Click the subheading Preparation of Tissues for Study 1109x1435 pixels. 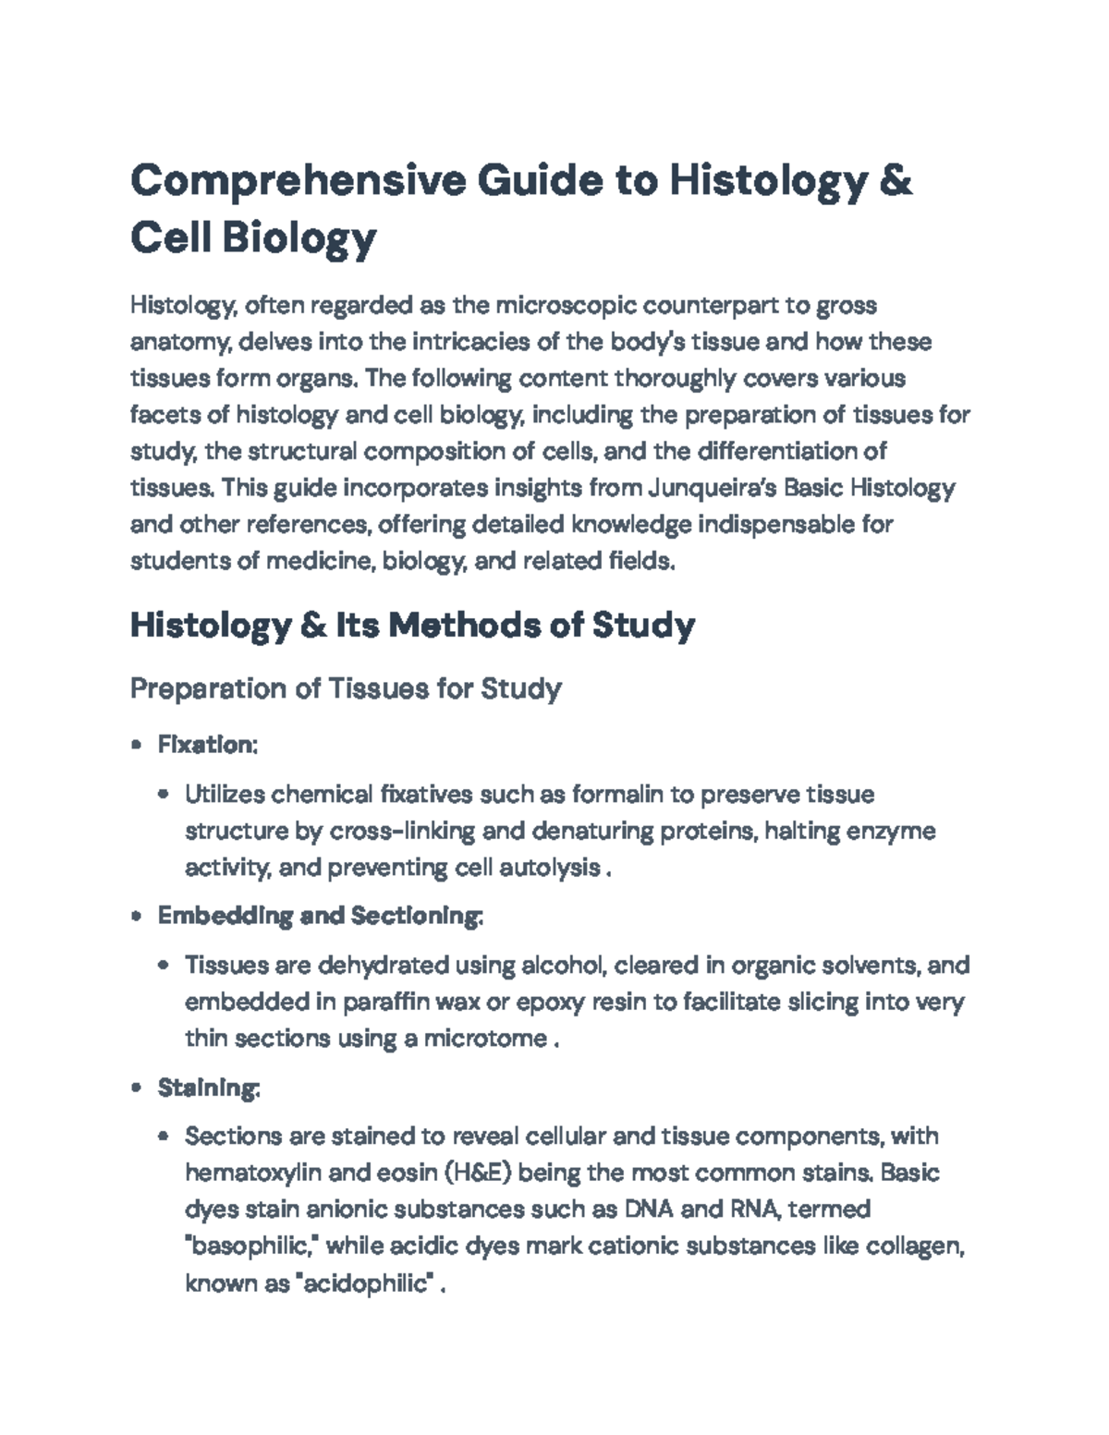point(346,688)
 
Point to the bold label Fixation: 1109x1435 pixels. point(207,745)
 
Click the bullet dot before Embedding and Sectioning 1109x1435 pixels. point(137,917)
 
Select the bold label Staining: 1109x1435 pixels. point(209,1088)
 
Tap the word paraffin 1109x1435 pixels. point(385,1003)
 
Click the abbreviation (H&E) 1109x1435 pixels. point(478,1173)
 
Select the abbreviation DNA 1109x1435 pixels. point(651,1210)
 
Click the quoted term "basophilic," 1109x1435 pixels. point(252,1247)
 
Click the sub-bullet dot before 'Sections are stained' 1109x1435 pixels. point(165,1137)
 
